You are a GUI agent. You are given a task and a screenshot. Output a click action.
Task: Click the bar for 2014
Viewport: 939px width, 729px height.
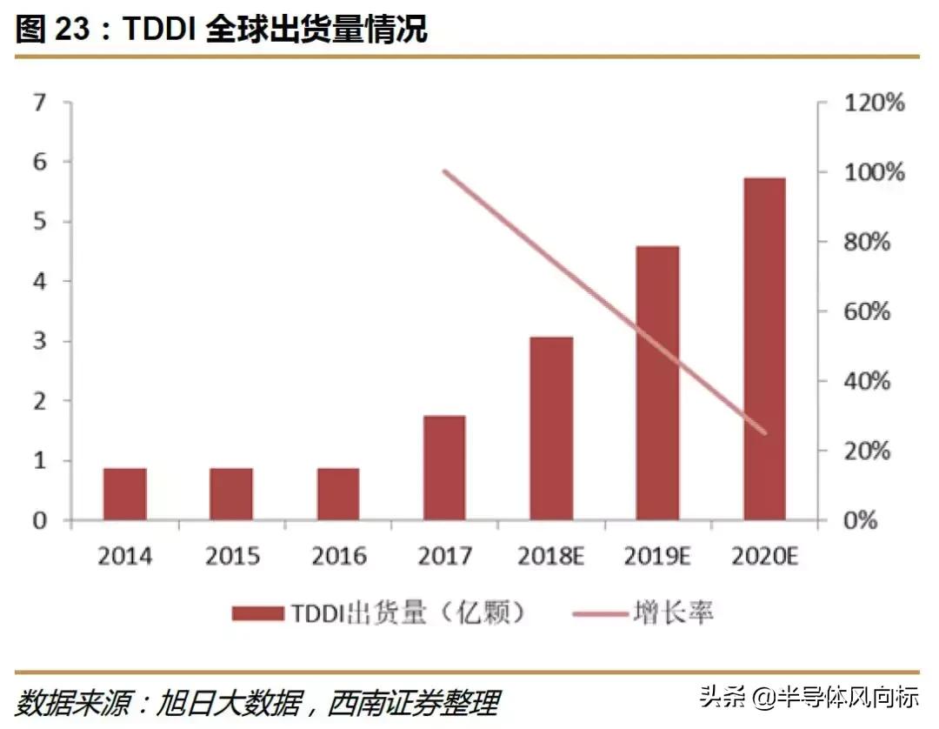[x=125, y=494]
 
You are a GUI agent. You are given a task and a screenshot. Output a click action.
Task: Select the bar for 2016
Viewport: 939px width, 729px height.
[x=338, y=494]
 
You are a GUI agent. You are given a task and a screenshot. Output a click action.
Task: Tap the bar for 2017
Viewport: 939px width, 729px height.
[x=444, y=468]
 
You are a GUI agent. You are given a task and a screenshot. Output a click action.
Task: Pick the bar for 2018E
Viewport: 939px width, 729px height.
[x=551, y=428]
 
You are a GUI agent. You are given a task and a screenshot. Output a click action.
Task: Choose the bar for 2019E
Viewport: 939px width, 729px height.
[x=657, y=383]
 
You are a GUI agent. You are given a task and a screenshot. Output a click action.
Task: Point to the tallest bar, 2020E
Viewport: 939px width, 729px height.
[x=764, y=349]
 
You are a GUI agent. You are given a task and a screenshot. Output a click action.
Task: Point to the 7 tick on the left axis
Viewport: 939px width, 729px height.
[x=38, y=103]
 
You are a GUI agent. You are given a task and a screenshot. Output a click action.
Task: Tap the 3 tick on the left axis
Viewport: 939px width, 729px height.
[x=38, y=341]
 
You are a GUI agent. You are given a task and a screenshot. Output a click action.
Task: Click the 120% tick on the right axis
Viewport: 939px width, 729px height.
[x=874, y=103]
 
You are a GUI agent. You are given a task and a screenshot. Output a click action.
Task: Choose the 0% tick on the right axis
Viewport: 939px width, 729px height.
[x=862, y=520]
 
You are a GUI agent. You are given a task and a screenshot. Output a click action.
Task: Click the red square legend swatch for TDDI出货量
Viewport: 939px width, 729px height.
[x=258, y=613]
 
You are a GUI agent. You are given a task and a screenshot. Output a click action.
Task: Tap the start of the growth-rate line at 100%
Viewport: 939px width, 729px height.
[x=444, y=171]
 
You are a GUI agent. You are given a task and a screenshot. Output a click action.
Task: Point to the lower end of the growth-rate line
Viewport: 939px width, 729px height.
[x=765, y=432]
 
